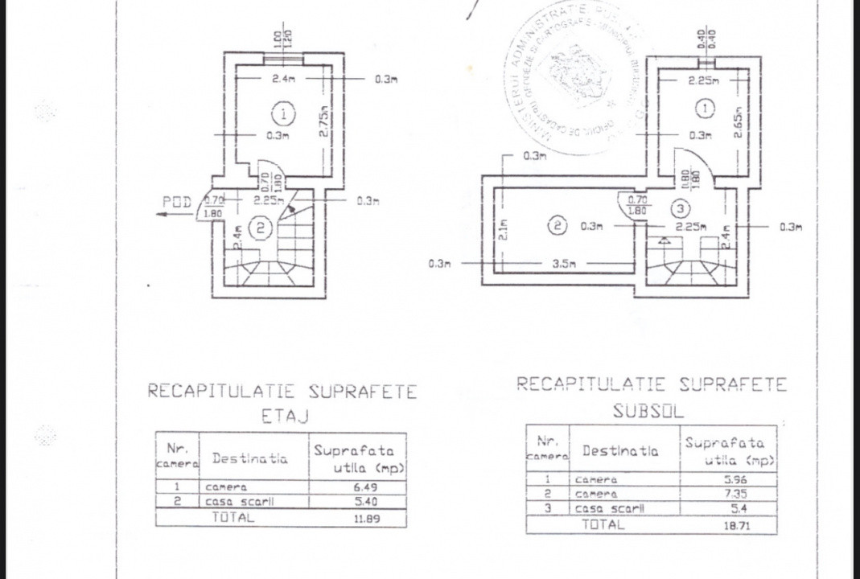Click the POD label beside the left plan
point(177,202)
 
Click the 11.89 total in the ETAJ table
point(367,519)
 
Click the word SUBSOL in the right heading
point(648,412)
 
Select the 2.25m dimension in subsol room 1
point(704,80)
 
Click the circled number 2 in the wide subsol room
point(558,226)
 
